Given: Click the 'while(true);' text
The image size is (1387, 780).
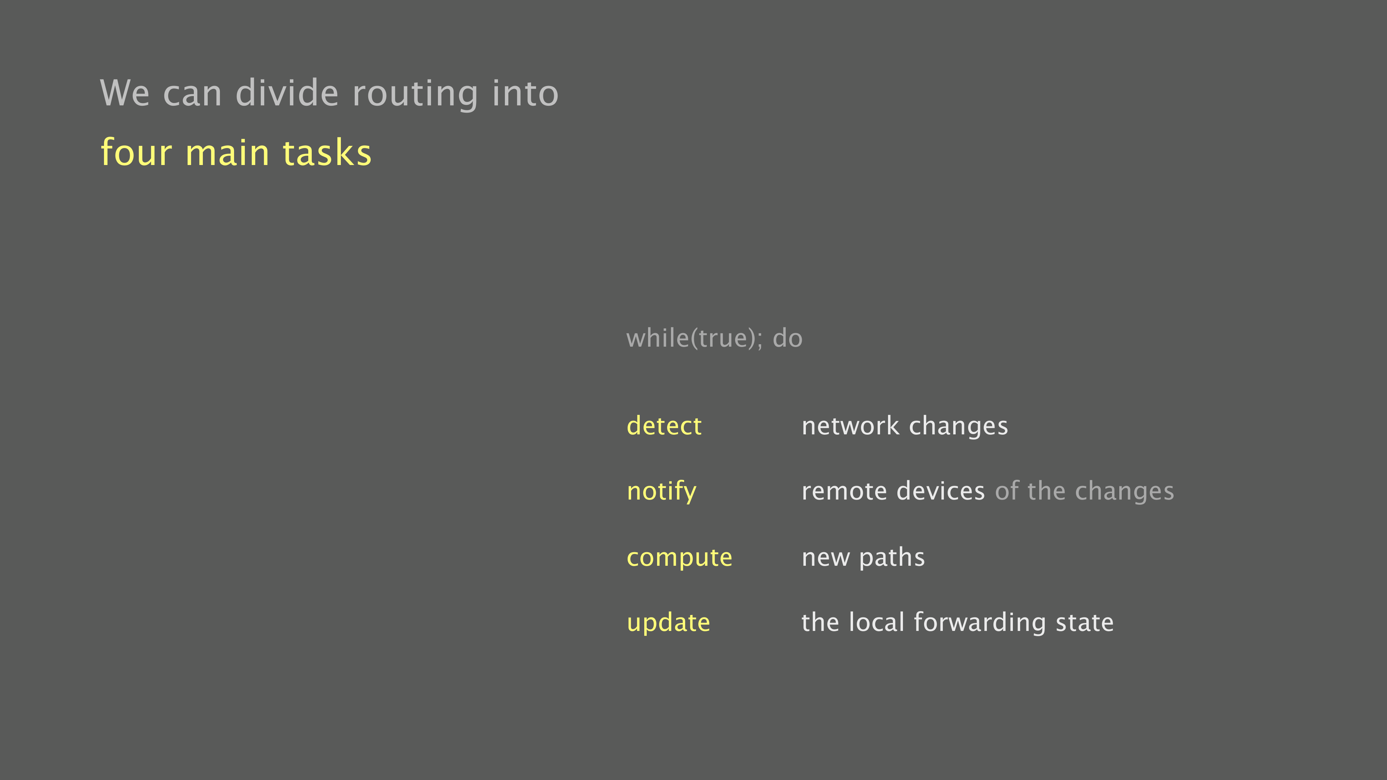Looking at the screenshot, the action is (x=695, y=338).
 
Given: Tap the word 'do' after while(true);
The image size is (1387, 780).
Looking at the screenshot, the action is (x=788, y=338).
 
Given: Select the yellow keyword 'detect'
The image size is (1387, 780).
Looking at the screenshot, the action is (x=664, y=425).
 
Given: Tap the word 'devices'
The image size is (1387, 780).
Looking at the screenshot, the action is (x=941, y=491).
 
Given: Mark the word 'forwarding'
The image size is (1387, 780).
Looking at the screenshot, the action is (x=980, y=623).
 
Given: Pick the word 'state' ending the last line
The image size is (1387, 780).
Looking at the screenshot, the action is (x=1084, y=623).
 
